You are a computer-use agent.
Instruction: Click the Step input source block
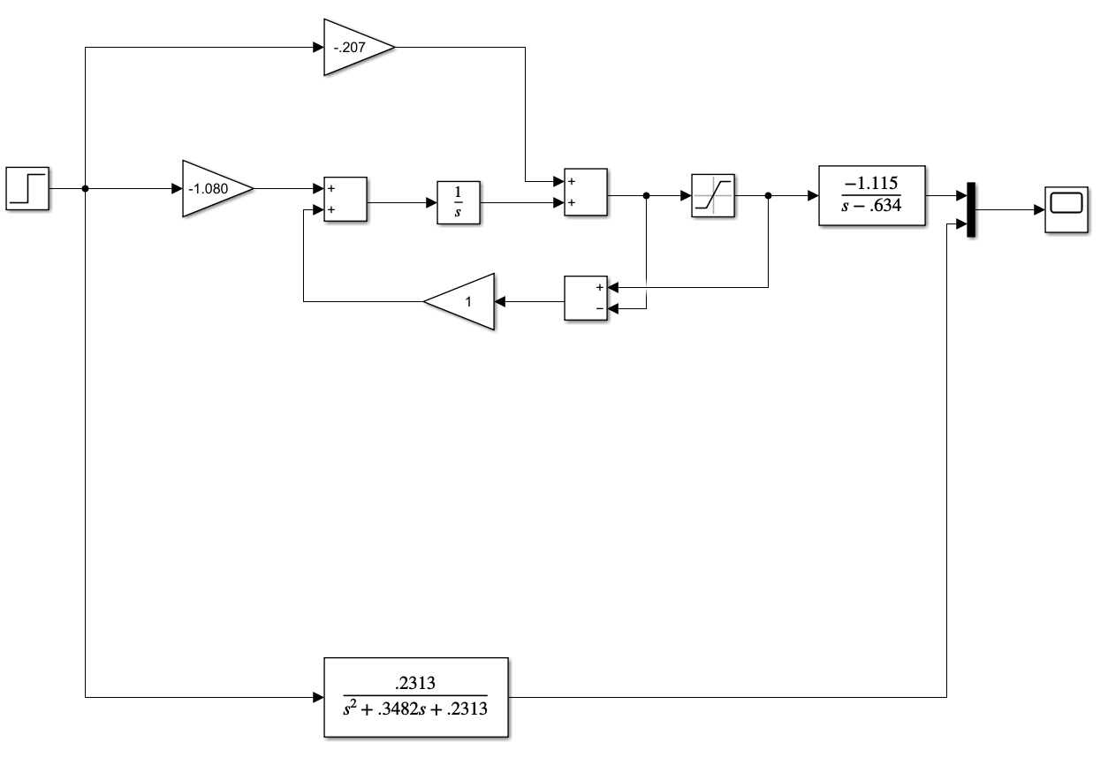[28, 188]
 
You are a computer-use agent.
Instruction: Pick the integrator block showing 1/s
[459, 203]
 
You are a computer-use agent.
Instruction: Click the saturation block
[713, 195]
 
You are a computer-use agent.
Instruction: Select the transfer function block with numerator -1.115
[871, 195]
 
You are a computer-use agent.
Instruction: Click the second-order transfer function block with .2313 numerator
[416, 697]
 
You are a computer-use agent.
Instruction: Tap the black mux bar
[970, 210]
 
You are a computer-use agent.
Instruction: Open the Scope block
[1066, 210]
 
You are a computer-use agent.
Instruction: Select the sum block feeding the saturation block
[586, 192]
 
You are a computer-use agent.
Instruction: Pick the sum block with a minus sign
[586, 298]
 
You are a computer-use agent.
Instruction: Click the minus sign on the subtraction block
[600, 308]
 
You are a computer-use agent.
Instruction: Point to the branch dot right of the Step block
[85, 188]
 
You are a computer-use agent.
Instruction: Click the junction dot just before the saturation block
[647, 196]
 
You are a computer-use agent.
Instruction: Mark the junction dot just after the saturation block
[768, 196]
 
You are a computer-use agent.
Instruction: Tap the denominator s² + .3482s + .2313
[416, 708]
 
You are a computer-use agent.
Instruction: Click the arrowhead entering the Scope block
[1039, 210]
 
